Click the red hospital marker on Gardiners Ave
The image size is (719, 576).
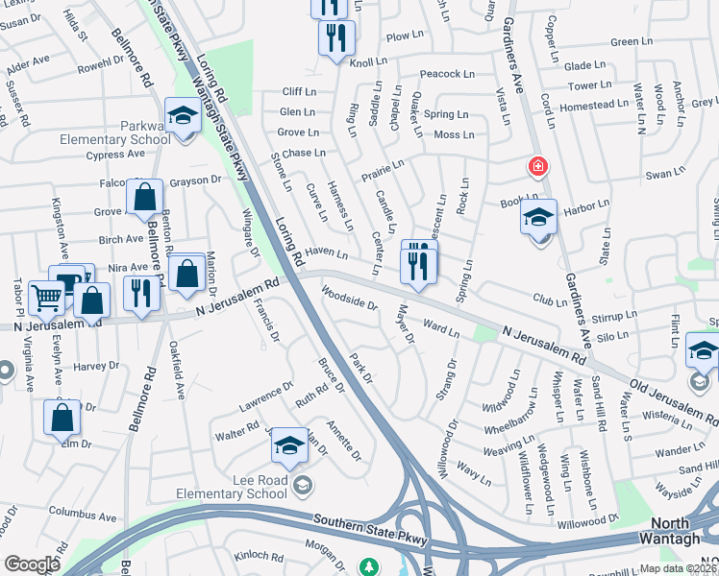click(x=537, y=167)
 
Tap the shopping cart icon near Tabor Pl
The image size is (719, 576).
click(x=46, y=298)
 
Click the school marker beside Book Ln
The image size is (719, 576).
click(x=538, y=219)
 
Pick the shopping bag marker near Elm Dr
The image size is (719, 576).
click(x=62, y=418)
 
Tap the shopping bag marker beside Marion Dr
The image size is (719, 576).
click(x=185, y=272)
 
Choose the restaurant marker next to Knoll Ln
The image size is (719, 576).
click(x=336, y=39)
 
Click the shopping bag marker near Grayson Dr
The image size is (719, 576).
click(x=143, y=198)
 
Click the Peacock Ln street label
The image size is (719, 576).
click(x=447, y=74)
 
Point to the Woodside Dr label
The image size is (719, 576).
click(x=349, y=299)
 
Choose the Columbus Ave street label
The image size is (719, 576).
click(x=82, y=514)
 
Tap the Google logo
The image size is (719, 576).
click(x=32, y=564)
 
